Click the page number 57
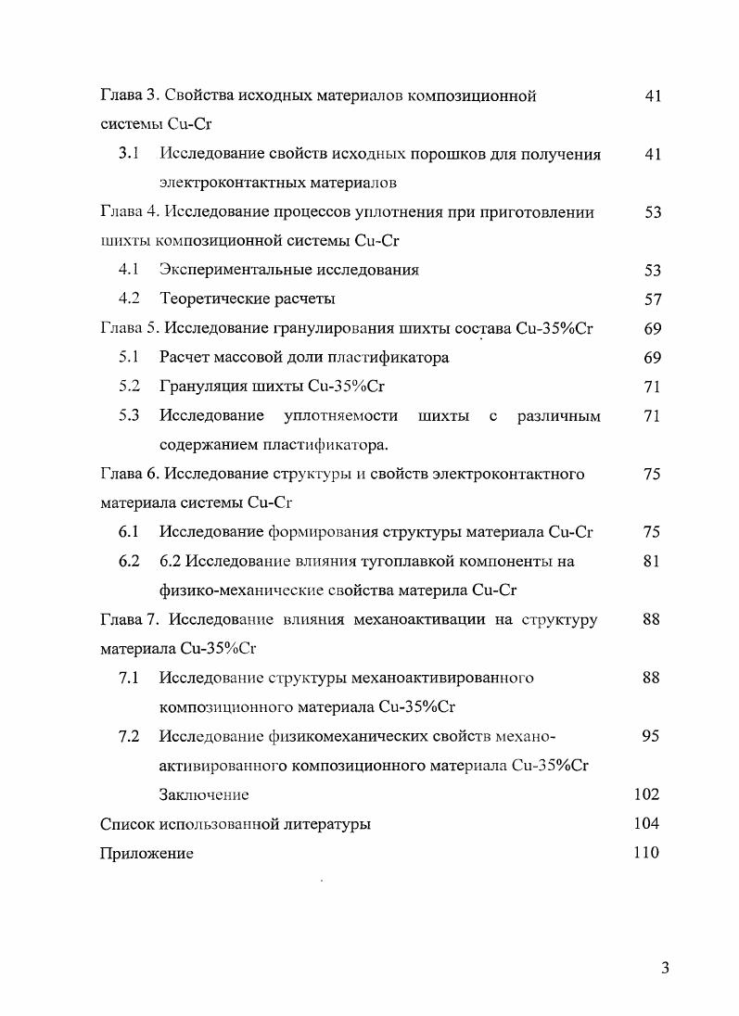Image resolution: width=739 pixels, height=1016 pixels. pyautogui.click(x=652, y=298)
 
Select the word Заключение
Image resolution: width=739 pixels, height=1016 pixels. pyautogui.click(x=204, y=794)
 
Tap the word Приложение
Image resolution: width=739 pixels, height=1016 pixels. pyautogui.click(x=147, y=854)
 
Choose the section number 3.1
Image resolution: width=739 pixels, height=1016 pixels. pyautogui.click(x=129, y=153)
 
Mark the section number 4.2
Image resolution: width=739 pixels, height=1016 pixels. pyautogui.click(x=129, y=298)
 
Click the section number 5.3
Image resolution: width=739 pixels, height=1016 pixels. pyautogui.click(x=129, y=415)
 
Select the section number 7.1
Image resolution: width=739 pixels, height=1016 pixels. pyautogui.click(x=129, y=678)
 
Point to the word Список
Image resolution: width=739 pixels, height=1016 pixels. pyautogui.click(x=127, y=823)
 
